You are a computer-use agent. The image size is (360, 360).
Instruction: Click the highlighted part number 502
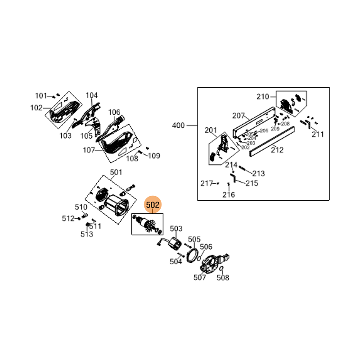[153, 205]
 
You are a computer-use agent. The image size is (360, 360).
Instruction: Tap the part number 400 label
[179, 126]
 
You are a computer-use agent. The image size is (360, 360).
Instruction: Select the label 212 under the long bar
[277, 150]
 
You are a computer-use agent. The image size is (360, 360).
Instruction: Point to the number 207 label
[238, 116]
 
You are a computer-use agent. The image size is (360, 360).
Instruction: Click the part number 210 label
[262, 97]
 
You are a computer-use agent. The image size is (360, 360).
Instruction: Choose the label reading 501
[116, 172]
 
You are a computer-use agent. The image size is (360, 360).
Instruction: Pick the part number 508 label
[223, 278]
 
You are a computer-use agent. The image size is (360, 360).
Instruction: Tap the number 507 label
[200, 278]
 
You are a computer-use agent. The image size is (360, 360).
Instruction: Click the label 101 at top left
[41, 95]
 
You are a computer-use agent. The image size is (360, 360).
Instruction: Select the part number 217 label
[207, 184]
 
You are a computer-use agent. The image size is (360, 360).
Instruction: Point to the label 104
[92, 95]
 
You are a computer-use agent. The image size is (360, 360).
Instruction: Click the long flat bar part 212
[273, 140]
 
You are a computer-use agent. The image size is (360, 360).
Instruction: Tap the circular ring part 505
[193, 255]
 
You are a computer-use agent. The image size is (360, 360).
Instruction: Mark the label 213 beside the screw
[258, 174]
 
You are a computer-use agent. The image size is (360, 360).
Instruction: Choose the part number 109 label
[154, 156]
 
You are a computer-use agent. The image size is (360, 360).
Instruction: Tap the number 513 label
[87, 234]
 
